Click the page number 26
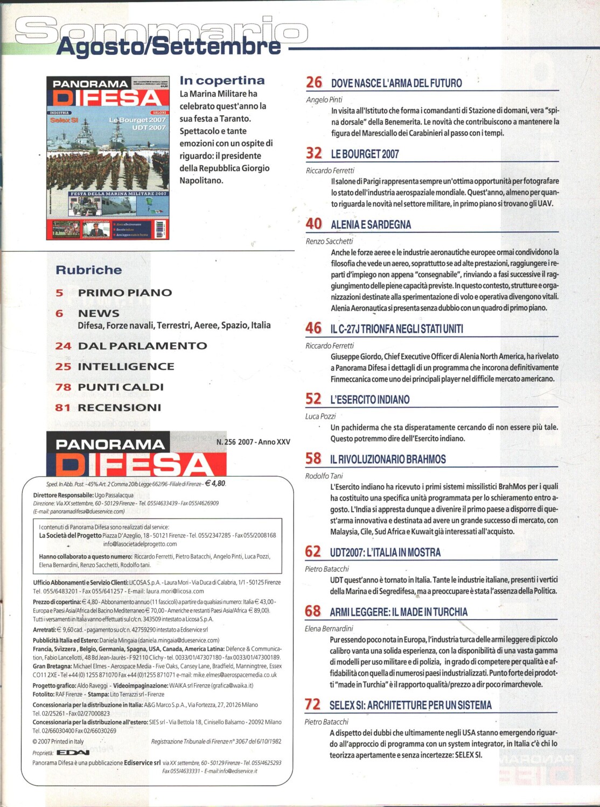[313, 82]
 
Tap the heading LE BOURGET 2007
[365, 154]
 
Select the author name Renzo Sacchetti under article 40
[329, 241]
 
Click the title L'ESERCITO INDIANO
[369, 399]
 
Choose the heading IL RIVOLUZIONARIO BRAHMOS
[388, 459]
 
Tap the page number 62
[312, 551]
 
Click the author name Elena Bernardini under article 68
[329, 628]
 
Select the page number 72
[312, 704]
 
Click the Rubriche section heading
[89, 270]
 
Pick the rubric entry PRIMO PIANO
[125, 293]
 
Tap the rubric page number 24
[63, 346]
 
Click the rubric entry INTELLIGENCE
[126, 366]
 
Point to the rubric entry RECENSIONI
[119, 407]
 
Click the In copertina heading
[222, 81]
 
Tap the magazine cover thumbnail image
[108, 158]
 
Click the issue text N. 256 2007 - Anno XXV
[253, 442]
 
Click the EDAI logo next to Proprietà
[73, 753]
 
